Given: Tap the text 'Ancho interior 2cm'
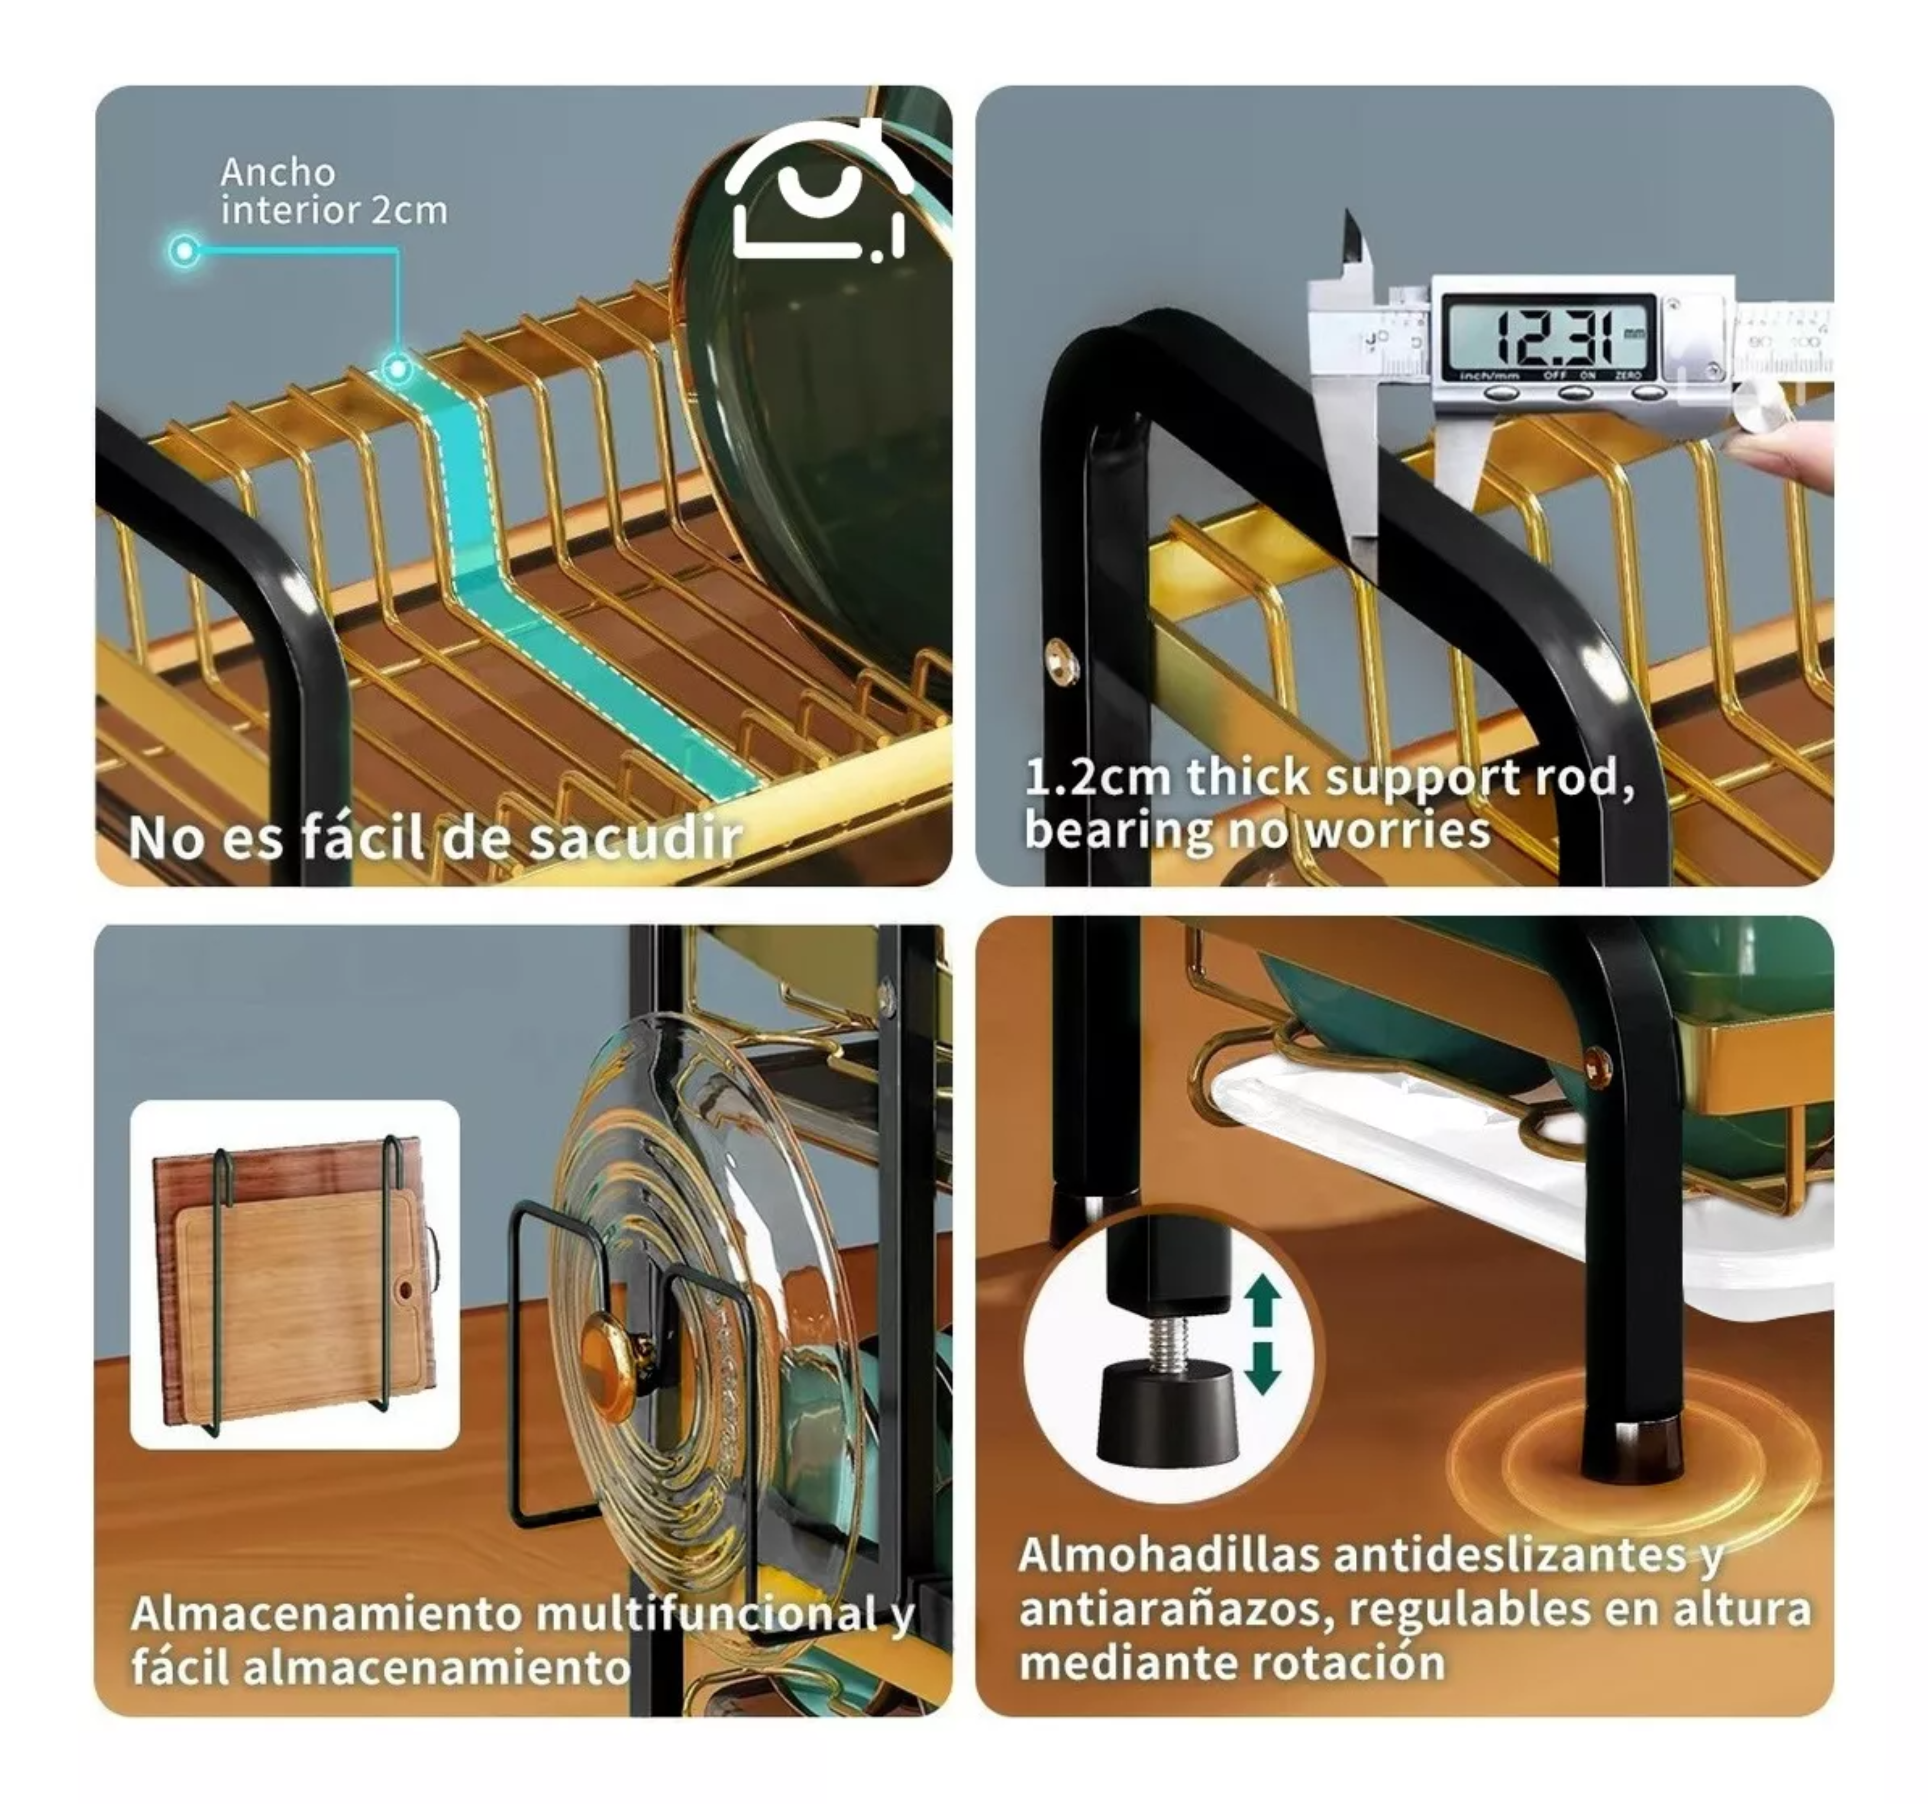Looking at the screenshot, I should click(333, 191).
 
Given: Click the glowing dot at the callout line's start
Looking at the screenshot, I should click(183, 251).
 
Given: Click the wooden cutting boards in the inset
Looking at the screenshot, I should click(295, 1280).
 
